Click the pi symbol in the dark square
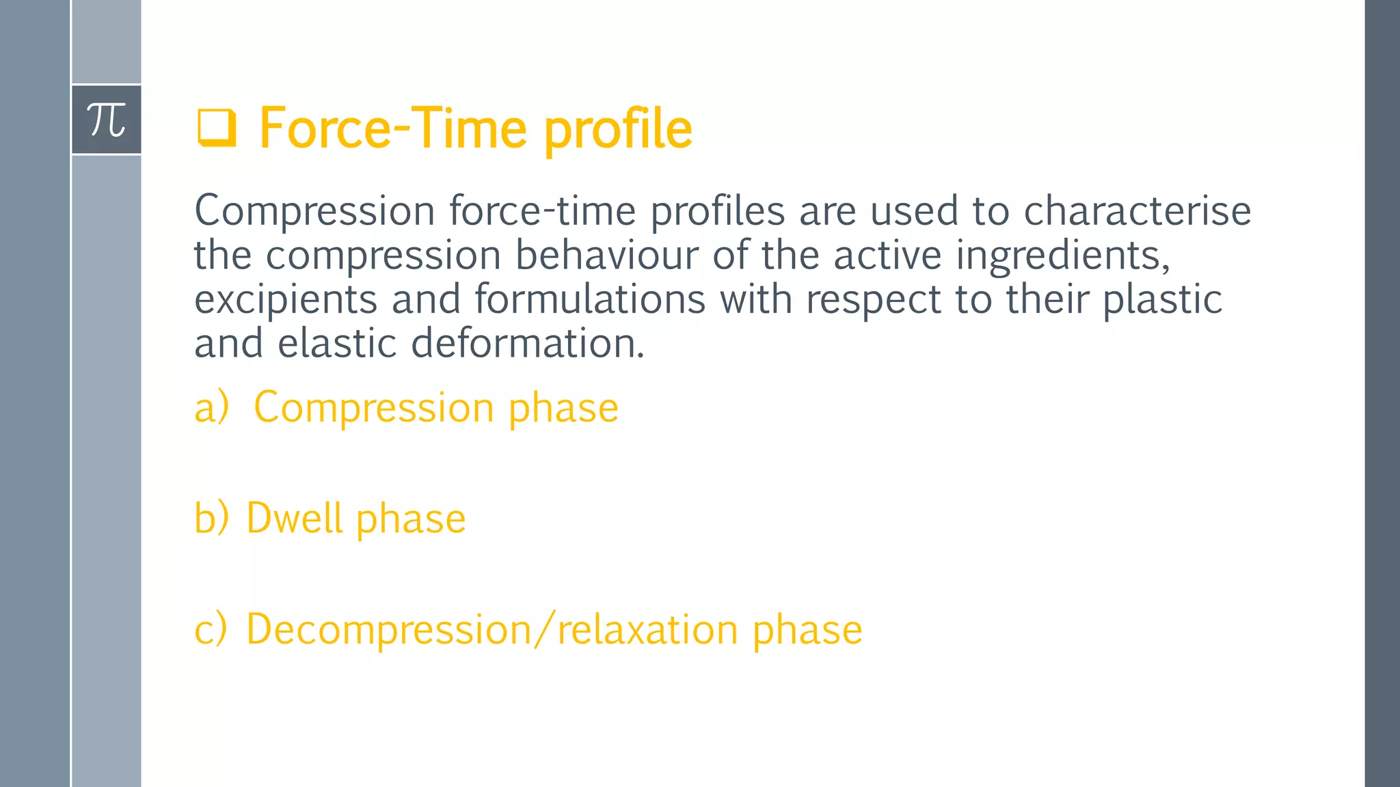[x=106, y=120]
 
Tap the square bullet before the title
[x=217, y=128]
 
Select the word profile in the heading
[x=618, y=130]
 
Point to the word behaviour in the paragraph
[x=606, y=255]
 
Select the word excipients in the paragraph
[x=286, y=300]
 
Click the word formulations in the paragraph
[x=589, y=299]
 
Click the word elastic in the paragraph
[x=337, y=343]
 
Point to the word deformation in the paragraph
[x=527, y=343]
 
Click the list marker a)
[x=211, y=408]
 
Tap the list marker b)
[x=211, y=518]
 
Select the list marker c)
[x=211, y=629]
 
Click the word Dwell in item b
[x=294, y=518]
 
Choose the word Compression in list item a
[x=374, y=409]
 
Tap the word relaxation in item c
[x=647, y=629]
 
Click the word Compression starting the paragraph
[x=314, y=211]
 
